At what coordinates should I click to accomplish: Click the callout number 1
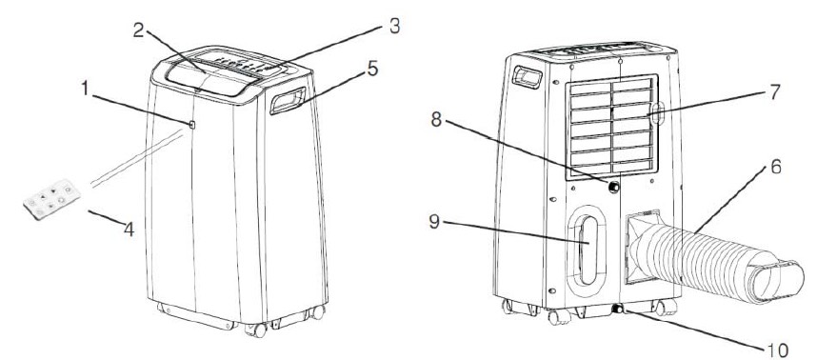[x=86, y=89]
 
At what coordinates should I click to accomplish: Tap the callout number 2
[x=139, y=30]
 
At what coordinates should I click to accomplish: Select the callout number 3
[x=394, y=26]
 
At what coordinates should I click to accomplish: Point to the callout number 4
[x=129, y=230]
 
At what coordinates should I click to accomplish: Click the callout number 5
[x=372, y=69]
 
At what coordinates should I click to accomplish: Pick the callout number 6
[x=776, y=168]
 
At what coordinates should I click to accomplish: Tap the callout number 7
[x=774, y=91]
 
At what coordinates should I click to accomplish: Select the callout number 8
[x=436, y=120]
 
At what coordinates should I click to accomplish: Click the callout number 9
[x=434, y=222]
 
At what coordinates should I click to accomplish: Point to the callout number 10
[x=778, y=350]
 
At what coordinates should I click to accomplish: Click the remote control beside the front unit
[x=51, y=199]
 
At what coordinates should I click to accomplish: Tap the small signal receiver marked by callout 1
[x=192, y=125]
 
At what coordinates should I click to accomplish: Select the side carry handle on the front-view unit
[x=288, y=100]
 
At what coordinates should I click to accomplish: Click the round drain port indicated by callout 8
[x=613, y=187]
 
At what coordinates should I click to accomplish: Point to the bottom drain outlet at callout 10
[x=618, y=309]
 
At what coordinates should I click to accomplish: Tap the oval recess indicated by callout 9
[x=587, y=250]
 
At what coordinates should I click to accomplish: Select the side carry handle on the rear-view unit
[x=528, y=77]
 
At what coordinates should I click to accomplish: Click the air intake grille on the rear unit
[x=611, y=127]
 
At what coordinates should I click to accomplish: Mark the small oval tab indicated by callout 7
[x=658, y=113]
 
